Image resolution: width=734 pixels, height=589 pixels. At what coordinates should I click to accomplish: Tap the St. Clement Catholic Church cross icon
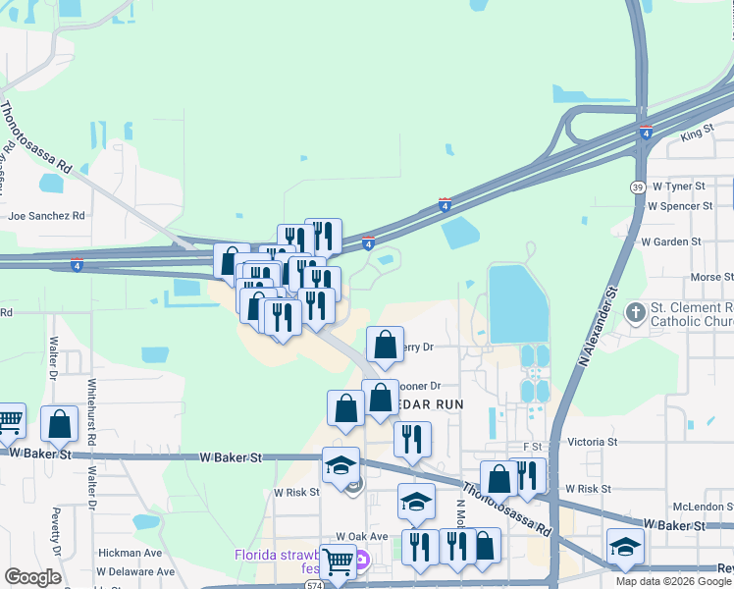coord(635,313)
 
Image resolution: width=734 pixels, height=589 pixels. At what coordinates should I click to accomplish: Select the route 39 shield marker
coord(638,187)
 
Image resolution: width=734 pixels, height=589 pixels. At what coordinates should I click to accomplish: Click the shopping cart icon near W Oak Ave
coord(337,562)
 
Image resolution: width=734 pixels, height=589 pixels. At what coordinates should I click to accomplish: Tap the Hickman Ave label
coord(130,554)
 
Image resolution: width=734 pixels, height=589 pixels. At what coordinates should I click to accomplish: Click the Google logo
coord(32,577)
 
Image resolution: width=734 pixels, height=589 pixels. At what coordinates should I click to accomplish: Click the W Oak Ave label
coord(362,537)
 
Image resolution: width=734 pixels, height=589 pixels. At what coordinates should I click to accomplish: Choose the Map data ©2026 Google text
coord(672,581)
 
